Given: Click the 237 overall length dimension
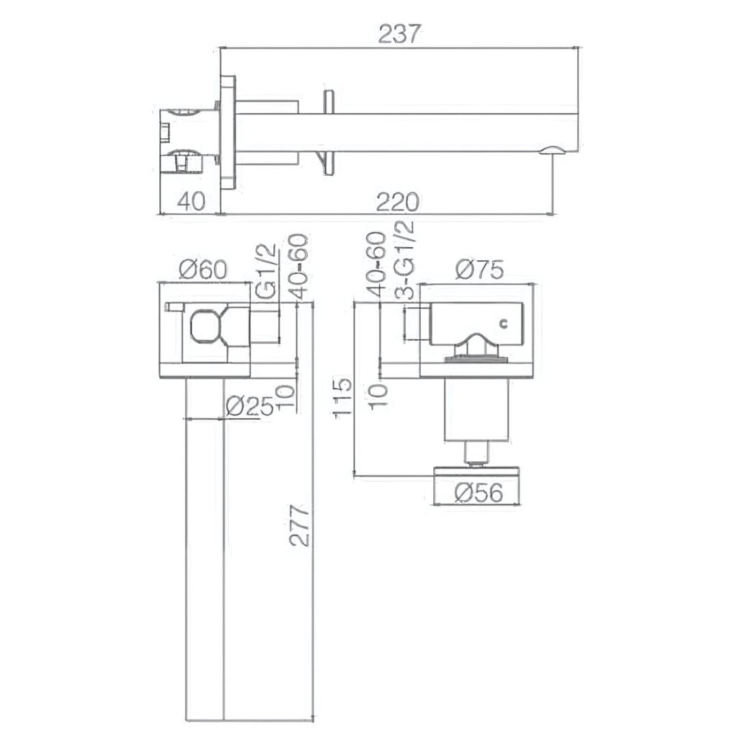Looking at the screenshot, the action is coord(399,34).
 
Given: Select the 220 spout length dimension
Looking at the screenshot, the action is coord(398,203).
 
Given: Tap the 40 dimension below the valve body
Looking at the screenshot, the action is coord(191,202).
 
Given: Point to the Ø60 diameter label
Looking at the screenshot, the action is coord(203,270).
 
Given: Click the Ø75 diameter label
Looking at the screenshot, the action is coord(479,270).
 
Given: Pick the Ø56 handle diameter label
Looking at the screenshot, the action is coord(479,493).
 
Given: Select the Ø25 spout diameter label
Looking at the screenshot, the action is coord(249,406).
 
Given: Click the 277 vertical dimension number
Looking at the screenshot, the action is coord(300,525).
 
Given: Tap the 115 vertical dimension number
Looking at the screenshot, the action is coord(342,396).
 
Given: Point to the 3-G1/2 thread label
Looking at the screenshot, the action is coord(405,260).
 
